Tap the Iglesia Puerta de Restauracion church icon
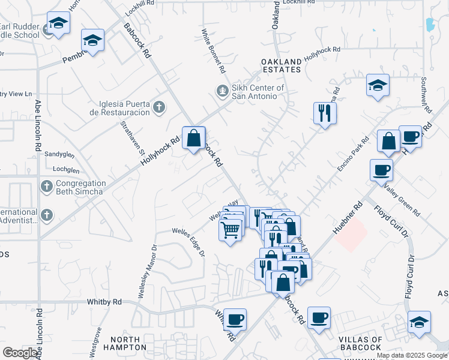(158, 107)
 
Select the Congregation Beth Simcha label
(80, 187)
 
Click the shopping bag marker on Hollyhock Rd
(194, 139)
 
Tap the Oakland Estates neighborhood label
(281, 66)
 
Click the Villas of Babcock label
(368, 343)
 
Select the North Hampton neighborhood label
(121, 343)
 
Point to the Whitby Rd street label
(104, 301)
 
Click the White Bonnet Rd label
(214, 52)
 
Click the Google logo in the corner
(20, 352)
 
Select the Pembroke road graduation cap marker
(93, 42)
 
